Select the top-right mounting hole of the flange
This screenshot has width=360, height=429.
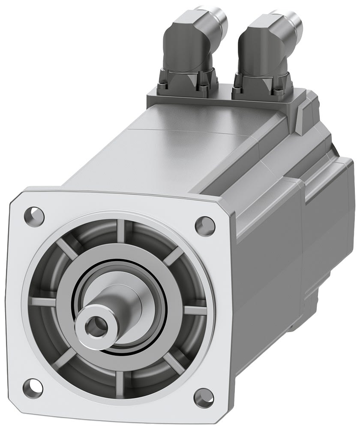click(x=205, y=224)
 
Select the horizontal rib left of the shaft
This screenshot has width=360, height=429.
click(x=45, y=296)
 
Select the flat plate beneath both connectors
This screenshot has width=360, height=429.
click(x=223, y=98)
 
